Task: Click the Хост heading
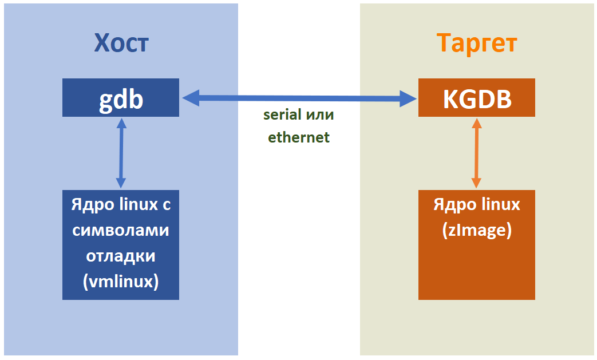tap(121, 43)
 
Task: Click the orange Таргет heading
tap(477, 43)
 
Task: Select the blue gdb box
tap(121, 98)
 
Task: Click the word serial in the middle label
tap(282, 114)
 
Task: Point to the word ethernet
tap(299, 138)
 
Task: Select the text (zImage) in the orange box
tap(477, 230)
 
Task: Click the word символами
tap(121, 230)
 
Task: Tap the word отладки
tap(121, 256)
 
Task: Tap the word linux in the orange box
tap(500, 205)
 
